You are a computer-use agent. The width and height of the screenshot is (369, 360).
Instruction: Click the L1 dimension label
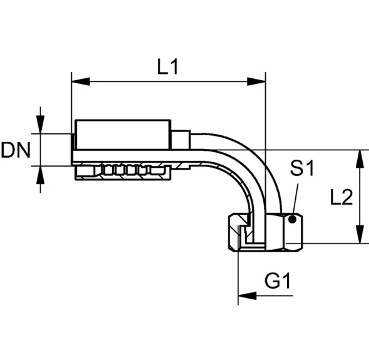point(168,66)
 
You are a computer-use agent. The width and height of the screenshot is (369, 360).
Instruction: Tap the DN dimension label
point(16,150)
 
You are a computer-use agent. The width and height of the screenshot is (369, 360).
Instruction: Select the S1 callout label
point(302,168)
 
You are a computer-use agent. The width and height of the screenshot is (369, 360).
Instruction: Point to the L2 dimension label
point(341,197)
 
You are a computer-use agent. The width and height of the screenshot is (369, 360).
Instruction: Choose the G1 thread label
point(278,280)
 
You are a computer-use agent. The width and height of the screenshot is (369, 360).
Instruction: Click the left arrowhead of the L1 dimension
point(81,81)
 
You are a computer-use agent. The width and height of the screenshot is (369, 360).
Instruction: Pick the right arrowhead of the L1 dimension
point(256,81)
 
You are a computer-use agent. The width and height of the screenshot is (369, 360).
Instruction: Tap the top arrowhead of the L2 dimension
point(360,159)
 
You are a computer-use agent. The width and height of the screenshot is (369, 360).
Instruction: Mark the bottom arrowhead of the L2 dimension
point(360,234)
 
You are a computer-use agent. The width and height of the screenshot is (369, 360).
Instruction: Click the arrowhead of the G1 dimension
point(247,296)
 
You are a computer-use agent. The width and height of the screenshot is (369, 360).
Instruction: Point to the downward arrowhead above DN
point(41,125)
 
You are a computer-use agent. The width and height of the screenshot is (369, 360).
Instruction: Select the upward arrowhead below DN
point(41,175)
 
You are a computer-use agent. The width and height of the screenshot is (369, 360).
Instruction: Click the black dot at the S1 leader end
point(292,220)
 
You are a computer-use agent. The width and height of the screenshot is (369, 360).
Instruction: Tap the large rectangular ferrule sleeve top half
point(123,135)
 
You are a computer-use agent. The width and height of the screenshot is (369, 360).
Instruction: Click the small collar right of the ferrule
point(181,140)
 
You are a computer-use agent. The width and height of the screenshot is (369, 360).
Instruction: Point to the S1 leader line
point(296,200)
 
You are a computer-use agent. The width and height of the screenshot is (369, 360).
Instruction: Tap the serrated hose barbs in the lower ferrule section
point(127,170)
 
